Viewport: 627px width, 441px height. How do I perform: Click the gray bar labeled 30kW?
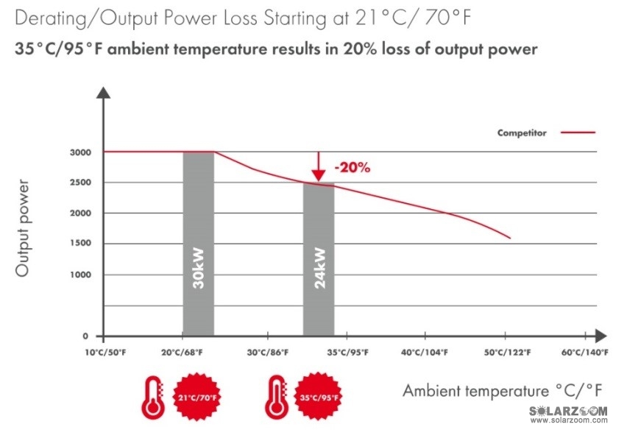[198, 243]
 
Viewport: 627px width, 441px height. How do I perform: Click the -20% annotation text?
[352, 167]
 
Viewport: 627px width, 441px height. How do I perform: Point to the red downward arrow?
[318, 166]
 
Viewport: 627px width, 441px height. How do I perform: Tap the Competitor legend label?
[521, 133]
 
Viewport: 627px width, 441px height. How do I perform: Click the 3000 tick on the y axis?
[80, 152]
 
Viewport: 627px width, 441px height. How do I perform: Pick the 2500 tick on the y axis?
[80, 183]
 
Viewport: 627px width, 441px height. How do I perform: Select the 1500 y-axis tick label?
[80, 244]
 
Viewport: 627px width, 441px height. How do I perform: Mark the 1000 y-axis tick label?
[80, 275]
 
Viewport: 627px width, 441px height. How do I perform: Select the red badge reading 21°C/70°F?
[197, 398]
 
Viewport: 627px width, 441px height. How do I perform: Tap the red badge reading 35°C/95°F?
[318, 398]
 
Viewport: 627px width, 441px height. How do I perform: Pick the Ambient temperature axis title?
[493, 390]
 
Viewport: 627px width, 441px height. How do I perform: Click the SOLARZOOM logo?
[569, 410]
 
